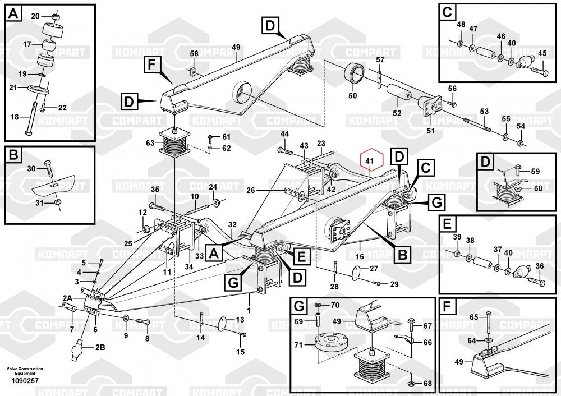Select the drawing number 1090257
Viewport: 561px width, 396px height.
coord(21,381)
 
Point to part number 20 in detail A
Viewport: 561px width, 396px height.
coord(35,16)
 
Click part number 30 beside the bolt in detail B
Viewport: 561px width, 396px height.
coord(31,168)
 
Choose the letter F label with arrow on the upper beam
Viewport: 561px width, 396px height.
coord(151,65)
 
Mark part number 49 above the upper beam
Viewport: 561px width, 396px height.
coord(236,47)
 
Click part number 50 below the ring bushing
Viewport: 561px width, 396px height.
coord(353,96)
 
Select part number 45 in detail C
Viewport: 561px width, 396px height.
coord(542,53)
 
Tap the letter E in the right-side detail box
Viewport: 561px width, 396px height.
coord(447,224)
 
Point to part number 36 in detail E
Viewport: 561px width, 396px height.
coord(540,266)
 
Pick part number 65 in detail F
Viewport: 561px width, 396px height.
coord(473,317)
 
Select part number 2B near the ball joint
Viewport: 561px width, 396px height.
coord(100,347)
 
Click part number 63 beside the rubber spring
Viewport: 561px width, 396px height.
coord(150,143)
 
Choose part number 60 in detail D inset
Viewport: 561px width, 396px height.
coord(537,188)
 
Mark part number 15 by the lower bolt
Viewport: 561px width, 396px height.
coord(240,352)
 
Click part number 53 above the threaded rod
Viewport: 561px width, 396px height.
coord(484,112)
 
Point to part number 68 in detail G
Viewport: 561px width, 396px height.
coord(428,384)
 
